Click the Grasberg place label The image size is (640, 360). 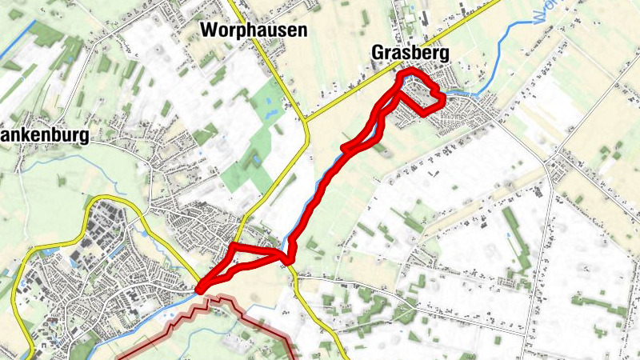[410, 53]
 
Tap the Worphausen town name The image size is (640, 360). [254, 30]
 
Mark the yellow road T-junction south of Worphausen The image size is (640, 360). [308, 121]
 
